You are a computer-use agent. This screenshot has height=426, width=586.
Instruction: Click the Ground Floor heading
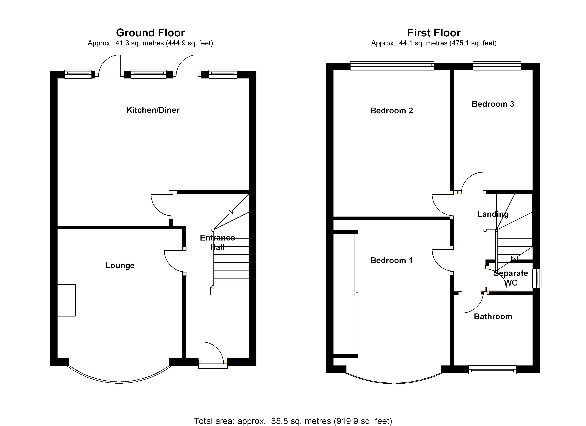click(x=150, y=33)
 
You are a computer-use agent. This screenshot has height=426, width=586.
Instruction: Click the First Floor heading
click(x=434, y=33)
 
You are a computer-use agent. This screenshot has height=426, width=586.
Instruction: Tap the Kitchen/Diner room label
click(x=153, y=110)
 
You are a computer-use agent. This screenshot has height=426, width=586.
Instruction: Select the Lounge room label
click(x=120, y=266)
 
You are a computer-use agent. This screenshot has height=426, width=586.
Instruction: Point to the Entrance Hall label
click(x=217, y=242)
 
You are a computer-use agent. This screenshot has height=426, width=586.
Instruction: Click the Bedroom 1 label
click(x=391, y=260)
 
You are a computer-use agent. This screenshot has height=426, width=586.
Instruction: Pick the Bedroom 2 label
click(x=391, y=111)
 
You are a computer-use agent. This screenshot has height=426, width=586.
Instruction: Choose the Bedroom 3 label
click(x=493, y=104)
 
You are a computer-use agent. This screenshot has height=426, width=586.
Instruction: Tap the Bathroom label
click(x=493, y=316)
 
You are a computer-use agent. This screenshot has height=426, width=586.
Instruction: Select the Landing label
click(x=493, y=214)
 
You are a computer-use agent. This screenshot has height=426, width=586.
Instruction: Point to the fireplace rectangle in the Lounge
click(x=66, y=300)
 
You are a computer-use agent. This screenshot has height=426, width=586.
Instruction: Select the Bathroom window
click(x=492, y=370)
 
